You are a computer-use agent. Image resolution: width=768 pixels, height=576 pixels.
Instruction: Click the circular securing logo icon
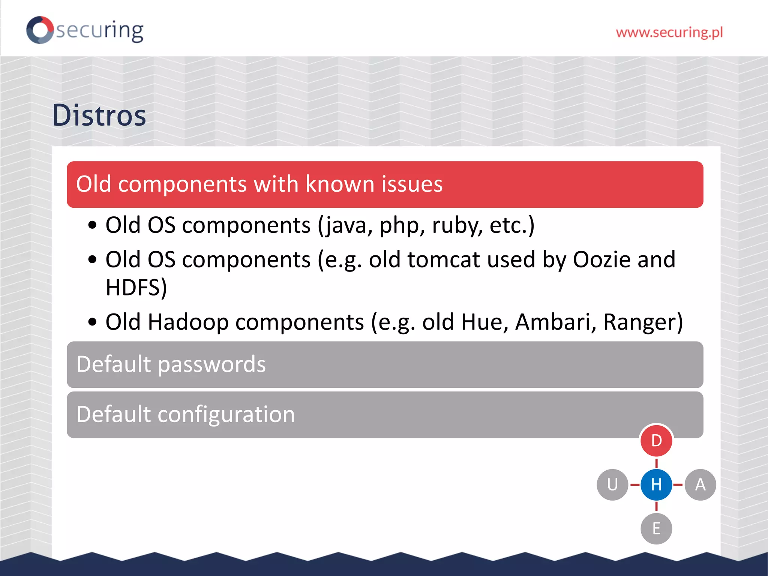click(x=40, y=30)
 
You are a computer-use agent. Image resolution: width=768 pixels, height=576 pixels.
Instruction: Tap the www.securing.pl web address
click(x=669, y=33)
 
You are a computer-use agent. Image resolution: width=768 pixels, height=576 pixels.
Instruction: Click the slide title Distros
click(x=99, y=115)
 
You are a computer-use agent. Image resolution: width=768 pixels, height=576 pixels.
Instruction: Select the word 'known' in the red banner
click(x=340, y=184)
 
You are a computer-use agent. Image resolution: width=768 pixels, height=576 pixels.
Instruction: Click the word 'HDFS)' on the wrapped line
click(x=136, y=288)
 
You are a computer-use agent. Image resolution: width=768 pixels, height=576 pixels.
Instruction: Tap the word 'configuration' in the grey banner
click(x=226, y=414)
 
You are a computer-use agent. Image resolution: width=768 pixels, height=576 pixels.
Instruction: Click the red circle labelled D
click(x=656, y=441)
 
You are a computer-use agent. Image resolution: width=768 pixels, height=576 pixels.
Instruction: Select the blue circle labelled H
click(x=656, y=484)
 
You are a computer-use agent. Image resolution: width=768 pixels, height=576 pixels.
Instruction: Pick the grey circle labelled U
click(x=612, y=484)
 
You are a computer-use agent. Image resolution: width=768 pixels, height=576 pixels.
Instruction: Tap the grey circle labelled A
click(x=700, y=484)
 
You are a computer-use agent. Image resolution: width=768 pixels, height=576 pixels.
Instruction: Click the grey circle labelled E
click(x=656, y=528)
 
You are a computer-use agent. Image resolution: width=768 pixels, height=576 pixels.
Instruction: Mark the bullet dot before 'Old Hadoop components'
click(x=92, y=322)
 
